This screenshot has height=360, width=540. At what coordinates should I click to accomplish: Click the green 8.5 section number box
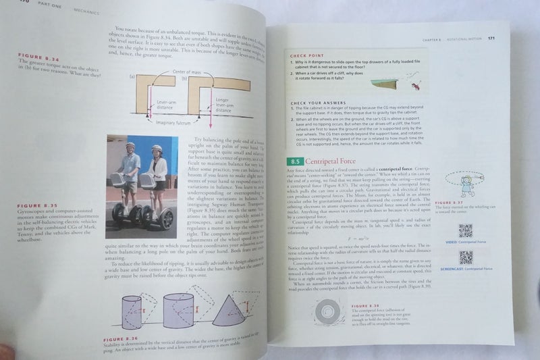tap(294, 162)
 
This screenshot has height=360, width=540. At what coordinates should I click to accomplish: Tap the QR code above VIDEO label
tap(465, 230)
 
